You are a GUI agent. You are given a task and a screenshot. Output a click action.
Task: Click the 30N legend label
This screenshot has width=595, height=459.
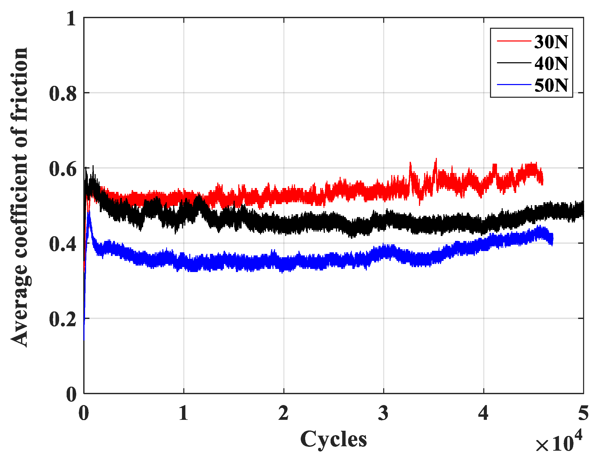click(x=551, y=42)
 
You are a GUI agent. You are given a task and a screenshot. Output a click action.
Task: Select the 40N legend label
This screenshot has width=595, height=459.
click(x=551, y=64)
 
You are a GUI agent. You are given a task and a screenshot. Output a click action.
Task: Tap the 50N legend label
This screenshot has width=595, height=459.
click(x=551, y=85)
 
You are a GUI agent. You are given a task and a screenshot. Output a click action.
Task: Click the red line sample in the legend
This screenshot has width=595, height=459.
click(x=514, y=41)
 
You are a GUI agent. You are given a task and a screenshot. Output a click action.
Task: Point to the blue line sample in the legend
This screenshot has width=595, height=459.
click(x=514, y=85)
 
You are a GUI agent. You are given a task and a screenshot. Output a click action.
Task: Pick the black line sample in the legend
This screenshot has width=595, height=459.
click(x=514, y=63)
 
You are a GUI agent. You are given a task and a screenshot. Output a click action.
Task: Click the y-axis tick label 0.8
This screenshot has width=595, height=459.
click(x=63, y=94)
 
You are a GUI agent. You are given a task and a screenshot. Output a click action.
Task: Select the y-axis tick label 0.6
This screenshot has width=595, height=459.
click(x=63, y=169)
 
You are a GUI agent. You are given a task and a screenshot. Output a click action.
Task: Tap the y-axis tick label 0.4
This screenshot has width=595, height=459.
click(x=63, y=244)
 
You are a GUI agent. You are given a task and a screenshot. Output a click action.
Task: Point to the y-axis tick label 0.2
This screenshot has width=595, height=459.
click(x=63, y=319)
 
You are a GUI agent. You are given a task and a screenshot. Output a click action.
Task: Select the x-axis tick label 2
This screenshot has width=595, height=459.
click(x=283, y=413)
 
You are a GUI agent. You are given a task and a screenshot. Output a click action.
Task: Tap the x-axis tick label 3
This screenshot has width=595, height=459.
click(x=383, y=413)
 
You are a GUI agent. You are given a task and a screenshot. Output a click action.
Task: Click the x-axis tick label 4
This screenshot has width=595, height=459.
click(x=483, y=413)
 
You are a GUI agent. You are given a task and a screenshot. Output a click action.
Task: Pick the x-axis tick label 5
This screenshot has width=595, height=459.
click(x=583, y=413)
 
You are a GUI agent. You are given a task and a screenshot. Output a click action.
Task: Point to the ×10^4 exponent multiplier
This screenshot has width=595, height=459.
click(x=558, y=443)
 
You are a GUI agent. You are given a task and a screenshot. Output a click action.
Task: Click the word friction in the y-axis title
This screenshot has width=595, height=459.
click(x=19, y=85)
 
